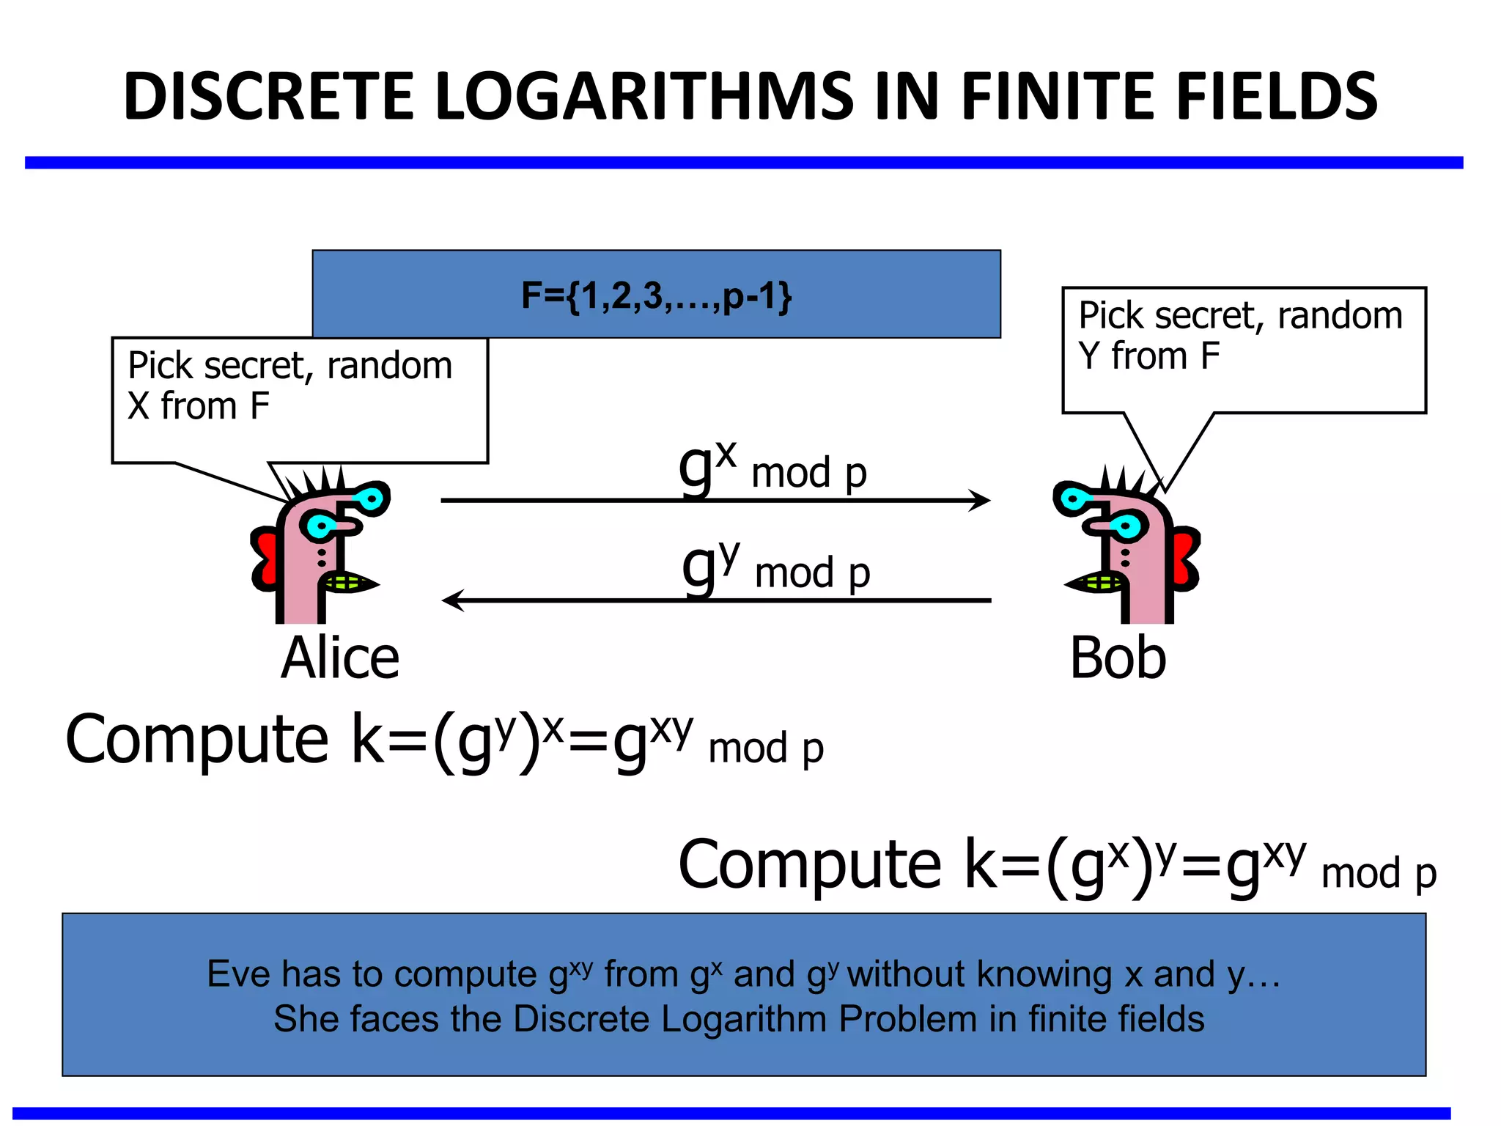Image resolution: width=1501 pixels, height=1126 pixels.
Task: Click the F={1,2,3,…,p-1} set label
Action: click(656, 295)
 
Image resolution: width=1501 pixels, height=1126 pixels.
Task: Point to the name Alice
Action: click(340, 658)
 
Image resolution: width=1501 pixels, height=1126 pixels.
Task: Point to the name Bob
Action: click(1118, 658)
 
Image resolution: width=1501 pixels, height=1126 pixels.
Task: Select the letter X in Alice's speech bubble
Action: click(139, 406)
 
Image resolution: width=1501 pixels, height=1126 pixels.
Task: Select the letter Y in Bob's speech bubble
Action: click(1089, 356)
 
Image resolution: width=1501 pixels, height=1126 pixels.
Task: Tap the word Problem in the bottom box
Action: click(907, 1019)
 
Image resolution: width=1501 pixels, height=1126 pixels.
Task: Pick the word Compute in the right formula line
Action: click(809, 864)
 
